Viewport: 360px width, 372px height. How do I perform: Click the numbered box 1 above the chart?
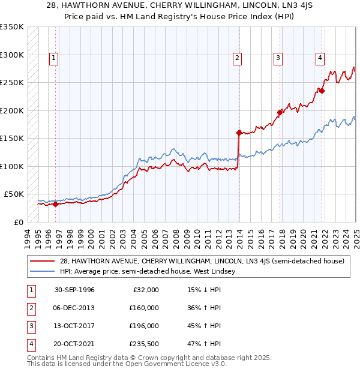pyautogui.click(x=54, y=58)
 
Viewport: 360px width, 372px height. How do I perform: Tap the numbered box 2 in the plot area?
pyautogui.click(x=238, y=58)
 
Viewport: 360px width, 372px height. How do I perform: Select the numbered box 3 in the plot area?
pyautogui.click(x=278, y=58)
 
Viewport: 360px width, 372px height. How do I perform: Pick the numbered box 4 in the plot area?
pyautogui.click(x=320, y=58)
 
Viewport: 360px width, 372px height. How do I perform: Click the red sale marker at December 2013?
pyautogui.click(x=239, y=133)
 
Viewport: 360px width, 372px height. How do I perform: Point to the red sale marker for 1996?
pyautogui.click(x=55, y=204)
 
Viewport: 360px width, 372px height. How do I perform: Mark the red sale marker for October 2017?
pyautogui.click(x=280, y=112)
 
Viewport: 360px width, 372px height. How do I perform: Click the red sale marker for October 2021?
pyautogui.click(x=322, y=91)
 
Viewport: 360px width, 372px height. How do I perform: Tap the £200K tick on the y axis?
pyautogui.click(x=13, y=110)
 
